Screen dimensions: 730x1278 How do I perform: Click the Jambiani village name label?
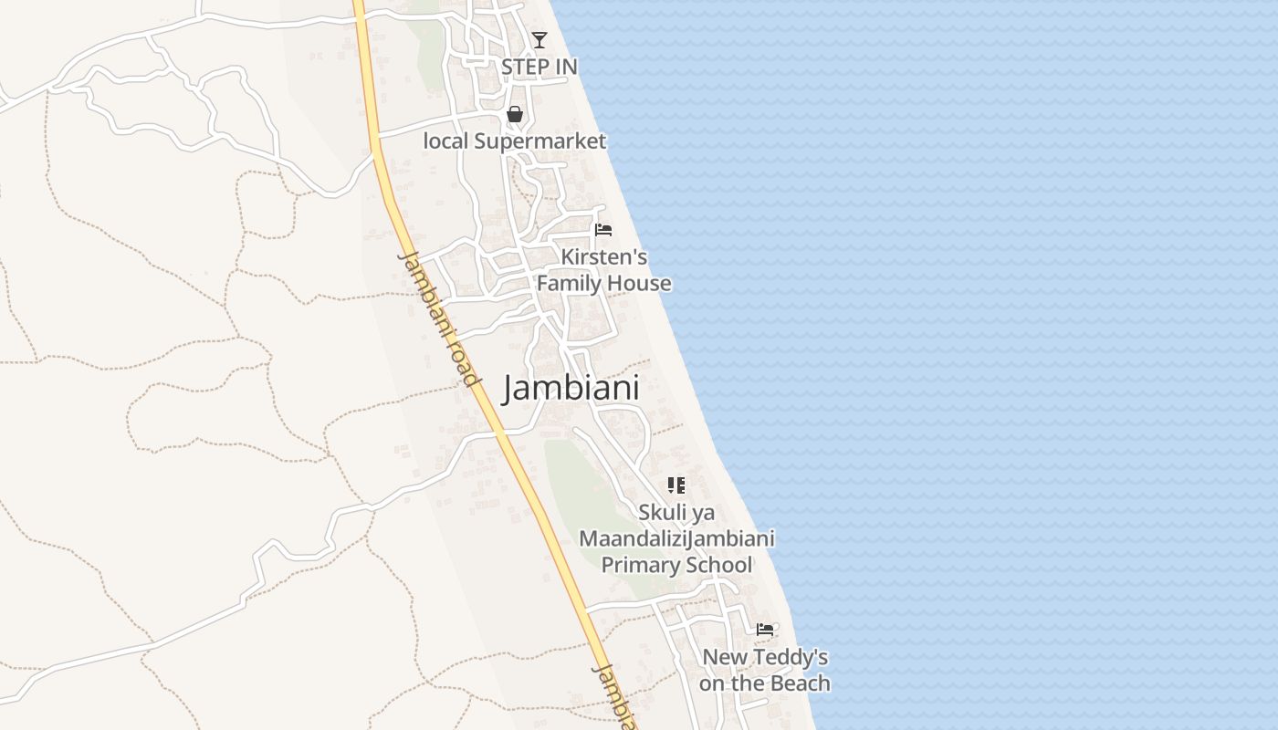pos(571,388)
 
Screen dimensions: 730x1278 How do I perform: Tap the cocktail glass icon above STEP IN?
pos(539,39)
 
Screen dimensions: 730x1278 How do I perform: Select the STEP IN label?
pos(539,67)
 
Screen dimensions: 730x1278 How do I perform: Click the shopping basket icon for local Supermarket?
pos(515,114)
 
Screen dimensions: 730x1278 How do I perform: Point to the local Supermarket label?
pos(514,141)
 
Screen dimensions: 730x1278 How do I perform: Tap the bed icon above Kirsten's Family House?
pos(602,230)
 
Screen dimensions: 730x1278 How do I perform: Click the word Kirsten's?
pos(603,256)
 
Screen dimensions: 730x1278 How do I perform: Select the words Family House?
pos(603,284)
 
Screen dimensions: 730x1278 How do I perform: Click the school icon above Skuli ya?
pos(676,485)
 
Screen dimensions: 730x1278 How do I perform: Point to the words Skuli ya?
pos(676,512)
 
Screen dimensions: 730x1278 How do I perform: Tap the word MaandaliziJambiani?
pos(676,538)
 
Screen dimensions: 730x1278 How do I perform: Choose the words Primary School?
pos(676,565)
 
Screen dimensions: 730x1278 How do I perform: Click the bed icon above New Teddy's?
pos(765,630)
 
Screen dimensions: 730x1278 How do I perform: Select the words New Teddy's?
pos(765,657)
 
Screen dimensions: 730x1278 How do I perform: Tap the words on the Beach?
pos(765,683)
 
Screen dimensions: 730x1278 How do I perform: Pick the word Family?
pos(570,284)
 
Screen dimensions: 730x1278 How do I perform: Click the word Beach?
pos(800,683)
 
